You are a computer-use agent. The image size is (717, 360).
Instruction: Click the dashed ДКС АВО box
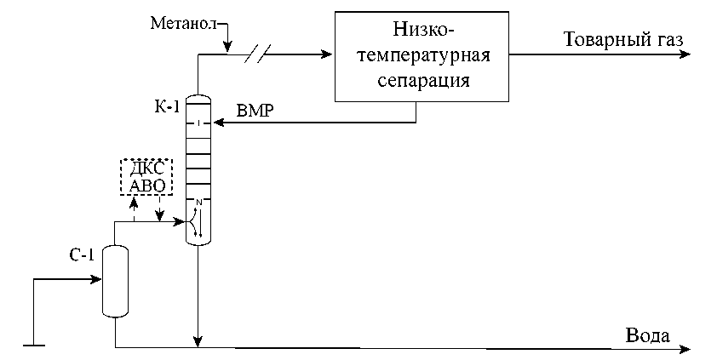point(145,177)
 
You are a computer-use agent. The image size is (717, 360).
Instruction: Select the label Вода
point(647,334)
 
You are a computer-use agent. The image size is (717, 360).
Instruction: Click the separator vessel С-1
point(114,281)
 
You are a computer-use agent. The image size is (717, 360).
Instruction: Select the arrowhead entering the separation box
point(327,55)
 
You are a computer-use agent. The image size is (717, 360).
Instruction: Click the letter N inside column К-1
point(198,202)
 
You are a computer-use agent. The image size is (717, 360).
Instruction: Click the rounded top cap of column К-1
point(198,98)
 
